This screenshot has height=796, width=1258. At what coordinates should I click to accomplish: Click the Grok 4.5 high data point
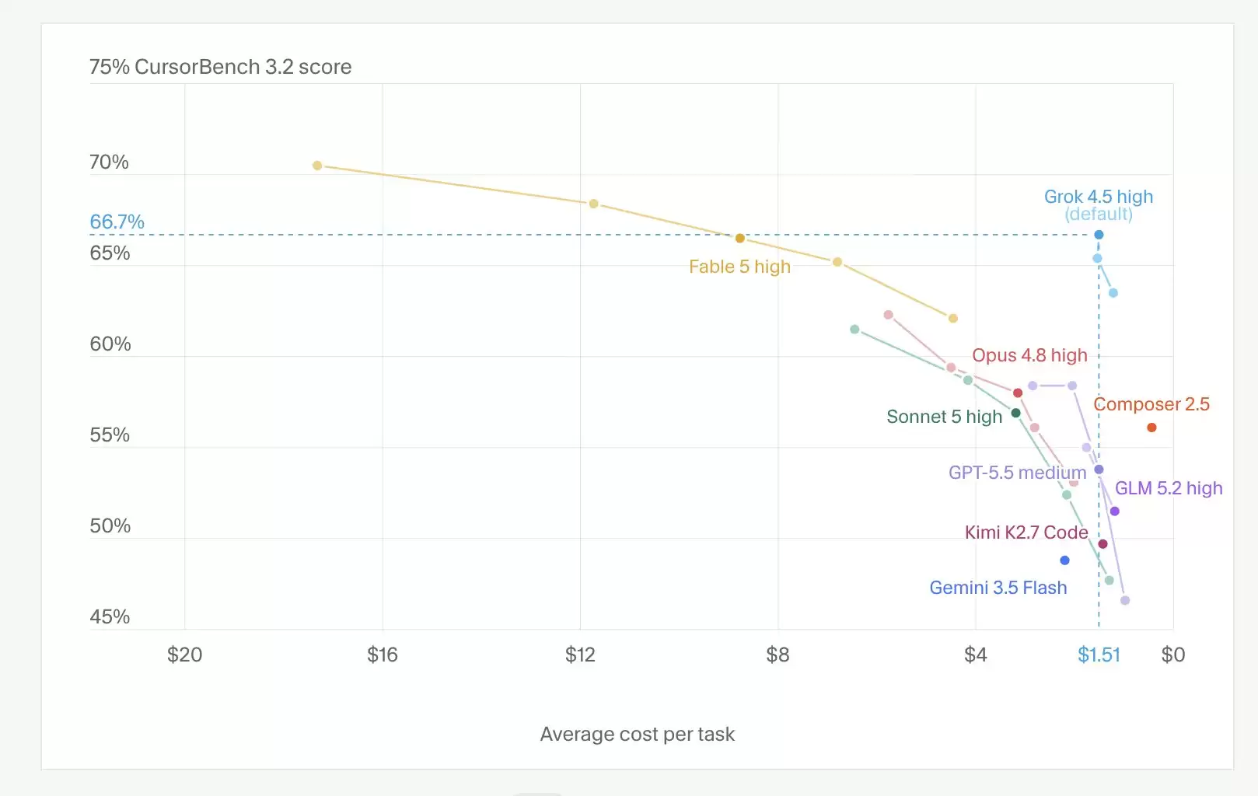tap(1099, 235)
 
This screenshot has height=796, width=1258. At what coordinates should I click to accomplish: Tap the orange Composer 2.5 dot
tap(1151, 428)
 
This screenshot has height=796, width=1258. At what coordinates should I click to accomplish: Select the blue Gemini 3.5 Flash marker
tap(1064, 560)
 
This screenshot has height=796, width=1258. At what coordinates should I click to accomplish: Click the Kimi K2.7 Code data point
tap(1102, 544)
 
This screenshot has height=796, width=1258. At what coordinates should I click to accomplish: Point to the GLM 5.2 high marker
tap(1115, 511)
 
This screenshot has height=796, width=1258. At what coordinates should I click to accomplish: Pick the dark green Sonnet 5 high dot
tap(1015, 413)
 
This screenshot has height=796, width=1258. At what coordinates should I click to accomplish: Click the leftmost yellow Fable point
tap(317, 166)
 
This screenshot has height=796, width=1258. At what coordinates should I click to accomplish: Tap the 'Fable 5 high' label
tap(739, 267)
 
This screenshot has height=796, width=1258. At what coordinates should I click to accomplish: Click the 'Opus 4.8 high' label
tap(1029, 355)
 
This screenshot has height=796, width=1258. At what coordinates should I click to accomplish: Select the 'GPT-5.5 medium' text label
tap(1017, 473)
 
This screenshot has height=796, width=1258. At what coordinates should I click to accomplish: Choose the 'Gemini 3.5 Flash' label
tap(998, 588)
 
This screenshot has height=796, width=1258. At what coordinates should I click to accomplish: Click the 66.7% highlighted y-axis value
tap(117, 222)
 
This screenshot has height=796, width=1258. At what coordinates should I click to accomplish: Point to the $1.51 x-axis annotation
tap(1099, 655)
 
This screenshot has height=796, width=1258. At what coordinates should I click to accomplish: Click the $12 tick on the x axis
tap(580, 655)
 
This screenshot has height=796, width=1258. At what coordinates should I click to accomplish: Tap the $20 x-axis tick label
tap(185, 655)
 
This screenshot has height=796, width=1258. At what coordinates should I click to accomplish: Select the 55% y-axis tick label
tap(110, 435)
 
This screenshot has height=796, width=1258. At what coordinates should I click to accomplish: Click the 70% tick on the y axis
tap(109, 162)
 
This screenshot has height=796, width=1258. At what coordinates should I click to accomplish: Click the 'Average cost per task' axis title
tap(638, 735)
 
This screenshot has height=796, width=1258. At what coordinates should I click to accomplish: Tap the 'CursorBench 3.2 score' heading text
tap(243, 67)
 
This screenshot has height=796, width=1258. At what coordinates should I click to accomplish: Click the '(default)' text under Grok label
tap(1099, 214)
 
